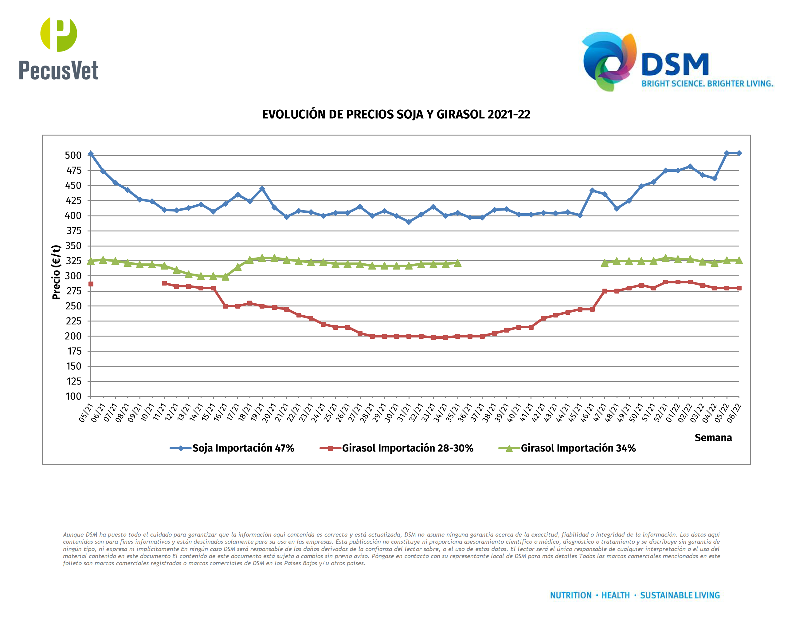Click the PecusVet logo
click(x=59, y=48)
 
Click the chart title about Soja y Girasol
click(x=396, y=114)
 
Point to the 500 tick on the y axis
click(x=73, y=155)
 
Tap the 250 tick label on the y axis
click(x=73, y=306)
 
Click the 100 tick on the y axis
click(x=73, y=396)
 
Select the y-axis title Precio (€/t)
click(x=56, y=272)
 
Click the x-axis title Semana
click(x=713, y=438)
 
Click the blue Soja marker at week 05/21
click(x=91, y=154)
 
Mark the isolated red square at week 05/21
click(x=91, y=284)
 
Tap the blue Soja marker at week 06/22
click(x=739, y=153)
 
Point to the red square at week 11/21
click(x=164, y=283)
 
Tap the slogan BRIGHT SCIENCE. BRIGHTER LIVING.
click(x=707, y=84)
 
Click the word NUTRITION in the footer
click(x=570, y=595)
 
